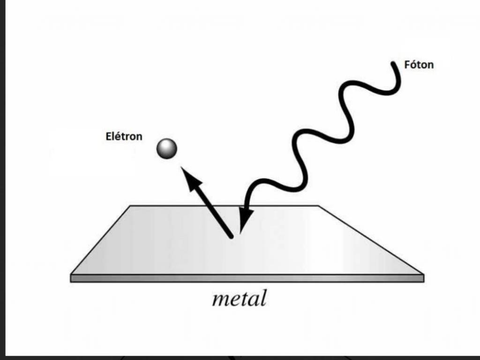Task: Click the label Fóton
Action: point(419,65)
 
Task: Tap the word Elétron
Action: point(124,137)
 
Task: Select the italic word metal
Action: point(239,299)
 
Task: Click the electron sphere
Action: point(167,149)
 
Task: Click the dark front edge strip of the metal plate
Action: point(247,278)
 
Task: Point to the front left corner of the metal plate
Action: point(71,275)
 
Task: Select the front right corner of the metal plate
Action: point(423,275)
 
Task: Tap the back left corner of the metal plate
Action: point(130,206)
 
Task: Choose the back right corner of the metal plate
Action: point(318,206)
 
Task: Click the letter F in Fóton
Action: point(407,65)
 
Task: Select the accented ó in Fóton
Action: point(413,65)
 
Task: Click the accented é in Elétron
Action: point(117,137)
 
